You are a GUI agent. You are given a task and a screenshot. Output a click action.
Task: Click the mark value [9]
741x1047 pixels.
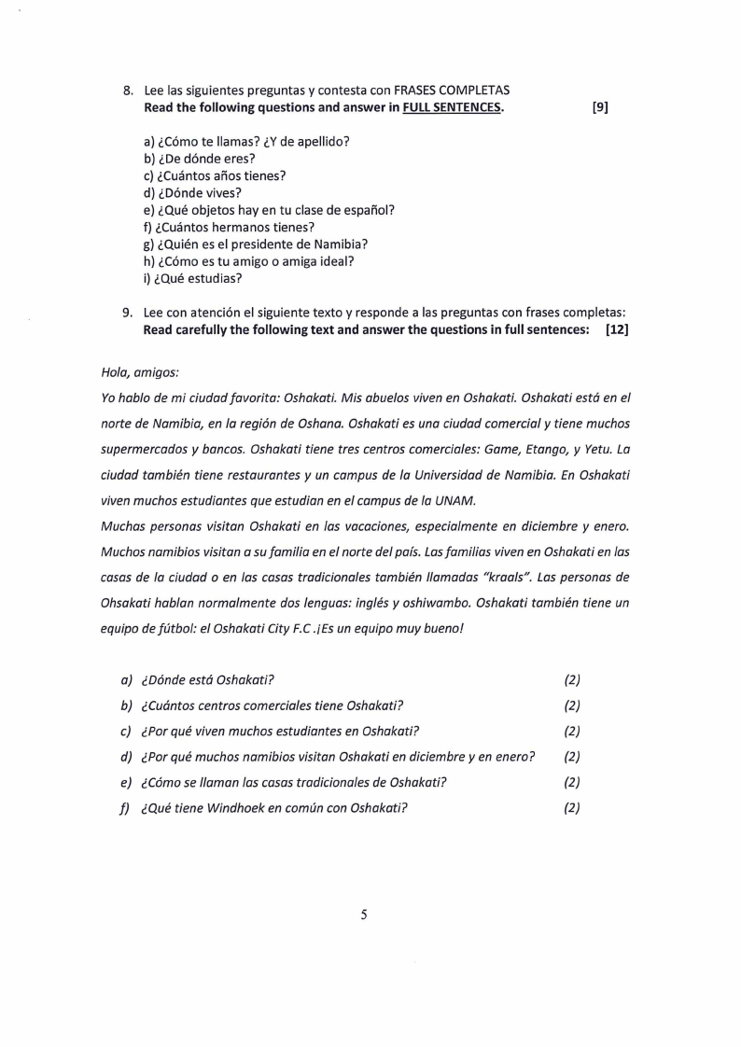click(x=600, y=107)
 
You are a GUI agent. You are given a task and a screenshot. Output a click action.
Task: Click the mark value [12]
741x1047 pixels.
click(x=616, y=330)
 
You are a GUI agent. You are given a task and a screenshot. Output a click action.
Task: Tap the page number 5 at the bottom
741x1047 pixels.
click(x=364, y=915)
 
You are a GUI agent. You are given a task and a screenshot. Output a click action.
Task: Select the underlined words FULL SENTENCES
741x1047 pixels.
click(x=452, y=107)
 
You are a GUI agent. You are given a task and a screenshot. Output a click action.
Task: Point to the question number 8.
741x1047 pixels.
click(x=129, y=91)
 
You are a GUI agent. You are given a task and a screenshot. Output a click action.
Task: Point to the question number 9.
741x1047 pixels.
click(x=129, y=313)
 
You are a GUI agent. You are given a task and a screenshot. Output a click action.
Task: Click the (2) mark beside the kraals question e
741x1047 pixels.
click(x=572, y=782)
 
